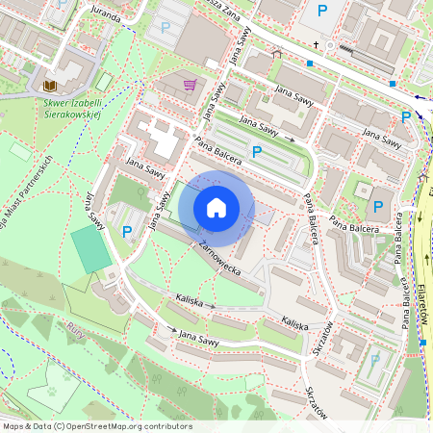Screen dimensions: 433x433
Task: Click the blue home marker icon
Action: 216,207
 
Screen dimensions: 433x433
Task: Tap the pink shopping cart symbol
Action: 191,86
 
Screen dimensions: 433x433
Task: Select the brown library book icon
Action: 50,86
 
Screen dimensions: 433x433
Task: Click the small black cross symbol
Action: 315,44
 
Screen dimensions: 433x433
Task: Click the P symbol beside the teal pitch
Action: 127,231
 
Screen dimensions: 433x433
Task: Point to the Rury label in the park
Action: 76,331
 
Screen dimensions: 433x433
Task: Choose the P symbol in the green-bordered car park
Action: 257,151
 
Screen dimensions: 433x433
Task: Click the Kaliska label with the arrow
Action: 190,300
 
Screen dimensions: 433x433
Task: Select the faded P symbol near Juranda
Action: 166,28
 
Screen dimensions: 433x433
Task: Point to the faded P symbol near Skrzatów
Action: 374,360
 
